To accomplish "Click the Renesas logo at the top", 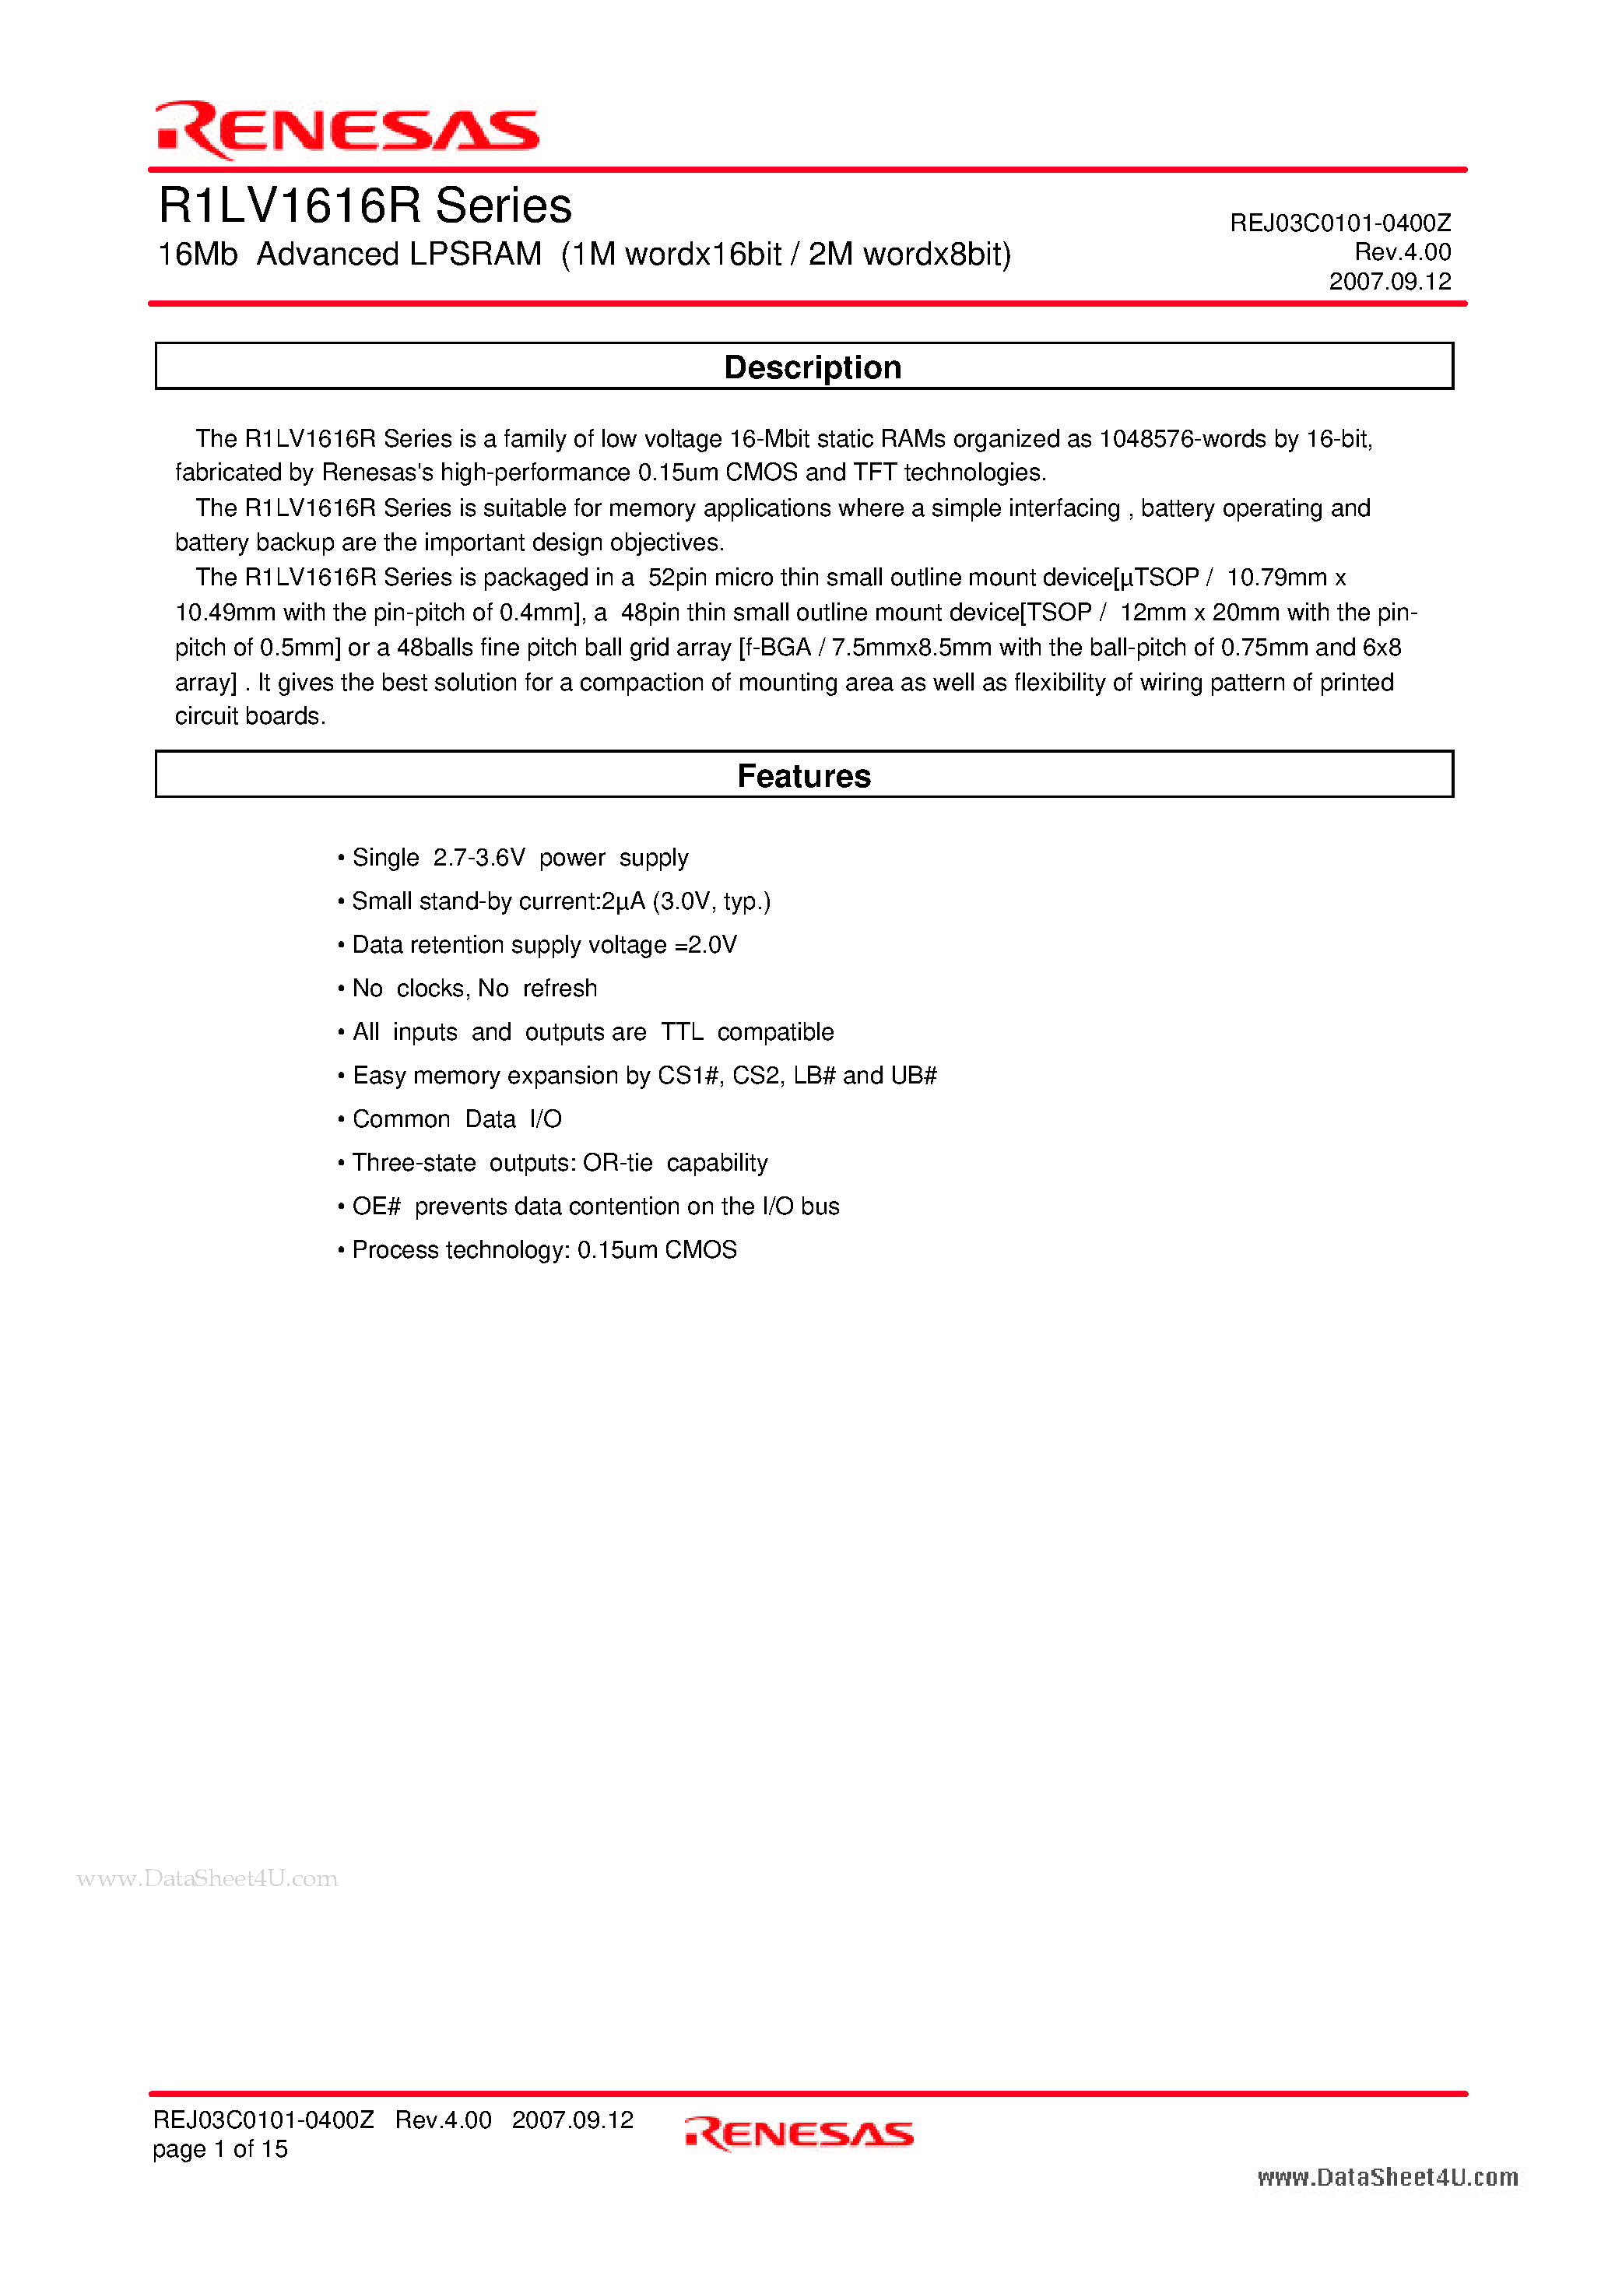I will click(x=347, y=129).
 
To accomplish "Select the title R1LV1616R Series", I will click(x=365, y=206).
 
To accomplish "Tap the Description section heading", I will click(x=812, y=367).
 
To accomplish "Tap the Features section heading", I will click(x=804, y=775).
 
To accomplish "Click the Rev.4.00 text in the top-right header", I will click(x=1402, y=251).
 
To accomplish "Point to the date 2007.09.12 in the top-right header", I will click(x=1389, y=282).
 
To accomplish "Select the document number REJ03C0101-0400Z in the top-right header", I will click(x=1339, y=223).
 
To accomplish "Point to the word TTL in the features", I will click(x=682, y=1032).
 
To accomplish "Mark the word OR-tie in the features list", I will click(x=618, y=1163).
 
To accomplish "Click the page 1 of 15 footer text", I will click(x=220, y=2149).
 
